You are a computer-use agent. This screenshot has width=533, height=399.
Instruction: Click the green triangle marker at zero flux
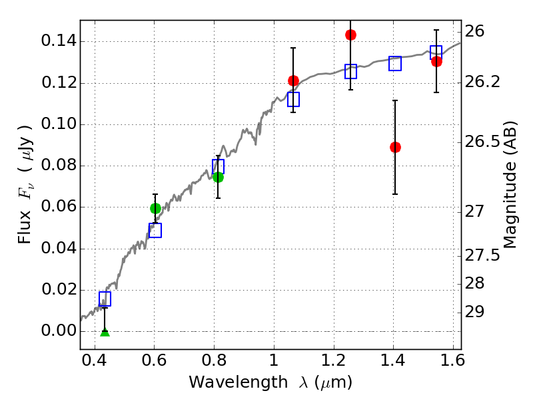point(105,332)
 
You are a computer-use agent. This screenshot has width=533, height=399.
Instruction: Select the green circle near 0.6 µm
point(155,208)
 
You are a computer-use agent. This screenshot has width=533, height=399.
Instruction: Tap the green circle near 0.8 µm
point(218,177)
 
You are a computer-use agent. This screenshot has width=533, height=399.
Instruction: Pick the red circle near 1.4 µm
point(395,147)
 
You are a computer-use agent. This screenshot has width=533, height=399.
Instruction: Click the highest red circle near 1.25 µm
point(350,35)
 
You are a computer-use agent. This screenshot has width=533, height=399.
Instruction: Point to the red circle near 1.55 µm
point(436,62)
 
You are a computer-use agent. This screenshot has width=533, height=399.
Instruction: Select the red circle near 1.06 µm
point(293,80)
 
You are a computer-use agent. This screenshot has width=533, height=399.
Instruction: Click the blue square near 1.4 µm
point(395,63)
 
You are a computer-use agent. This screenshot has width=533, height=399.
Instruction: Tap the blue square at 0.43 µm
point(105,299)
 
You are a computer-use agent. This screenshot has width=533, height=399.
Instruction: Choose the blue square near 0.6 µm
point(155,230)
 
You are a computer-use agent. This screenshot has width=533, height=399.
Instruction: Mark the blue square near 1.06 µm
point(293,99)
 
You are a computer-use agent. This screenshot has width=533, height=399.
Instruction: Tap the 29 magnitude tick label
point(474,312)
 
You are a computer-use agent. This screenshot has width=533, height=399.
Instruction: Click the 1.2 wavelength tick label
point(334,360)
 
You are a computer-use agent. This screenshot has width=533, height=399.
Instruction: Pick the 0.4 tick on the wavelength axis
point(95,360)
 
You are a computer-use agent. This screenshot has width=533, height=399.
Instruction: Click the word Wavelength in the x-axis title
point(239,382)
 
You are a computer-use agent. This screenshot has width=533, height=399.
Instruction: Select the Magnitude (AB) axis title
point(509,185)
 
